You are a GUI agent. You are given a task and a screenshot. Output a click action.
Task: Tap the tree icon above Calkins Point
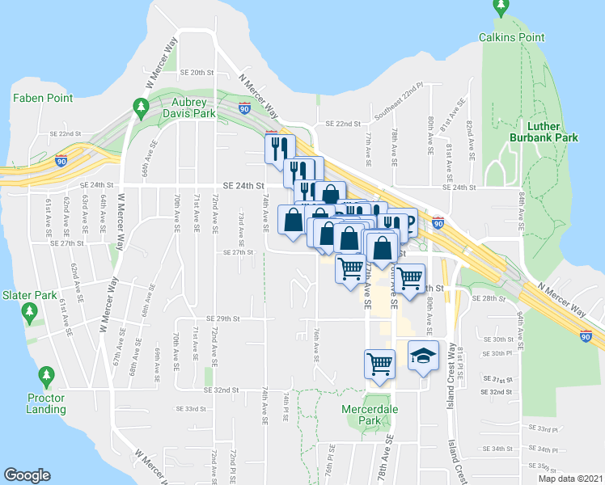501,9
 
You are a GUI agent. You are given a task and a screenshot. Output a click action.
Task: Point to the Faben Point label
43,98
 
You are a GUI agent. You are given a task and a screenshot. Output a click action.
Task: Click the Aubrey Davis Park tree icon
142,108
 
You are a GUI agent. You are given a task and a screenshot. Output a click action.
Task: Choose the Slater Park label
29,295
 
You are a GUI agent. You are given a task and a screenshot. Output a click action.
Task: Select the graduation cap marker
423,356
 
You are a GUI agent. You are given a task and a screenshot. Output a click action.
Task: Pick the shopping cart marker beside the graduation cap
379,364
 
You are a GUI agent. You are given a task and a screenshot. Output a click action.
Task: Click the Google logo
27,475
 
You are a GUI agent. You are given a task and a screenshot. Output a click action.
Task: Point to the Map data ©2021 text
570,479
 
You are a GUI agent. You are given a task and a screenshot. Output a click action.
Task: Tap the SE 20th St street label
197,72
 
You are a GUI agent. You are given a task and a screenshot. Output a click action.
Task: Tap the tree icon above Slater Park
30,311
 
